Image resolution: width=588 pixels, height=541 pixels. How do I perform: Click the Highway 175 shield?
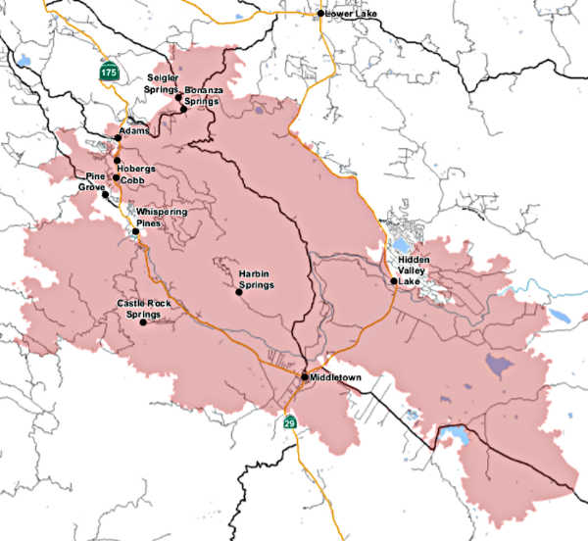(x=108, y=72)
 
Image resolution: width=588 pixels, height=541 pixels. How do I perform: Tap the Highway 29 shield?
(x=290, y=422)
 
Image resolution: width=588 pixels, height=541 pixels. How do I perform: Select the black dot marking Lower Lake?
(x=321, y=14)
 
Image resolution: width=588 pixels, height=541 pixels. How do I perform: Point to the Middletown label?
(x=336, y=376)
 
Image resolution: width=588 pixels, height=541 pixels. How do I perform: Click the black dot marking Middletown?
(x=305, y=376)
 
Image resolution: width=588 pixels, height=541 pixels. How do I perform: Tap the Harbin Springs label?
(x=256, y=278)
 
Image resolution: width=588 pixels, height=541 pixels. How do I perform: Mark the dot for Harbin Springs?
(x=237, y=291)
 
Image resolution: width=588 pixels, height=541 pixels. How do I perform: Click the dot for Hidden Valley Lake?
(x=394, y=281)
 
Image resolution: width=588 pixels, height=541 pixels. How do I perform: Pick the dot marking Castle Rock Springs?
(x=143, y=322)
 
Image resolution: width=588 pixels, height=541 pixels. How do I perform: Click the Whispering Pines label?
(x=161, y=218)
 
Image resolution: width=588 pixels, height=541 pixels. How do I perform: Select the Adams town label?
(x=133, y=130)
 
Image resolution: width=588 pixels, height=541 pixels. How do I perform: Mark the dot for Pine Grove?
(x=106, y=195)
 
